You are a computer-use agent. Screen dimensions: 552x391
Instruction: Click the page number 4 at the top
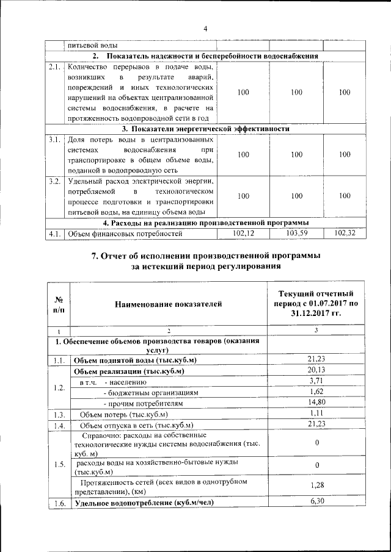[205, 29]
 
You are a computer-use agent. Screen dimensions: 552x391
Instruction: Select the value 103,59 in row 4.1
[296, 233]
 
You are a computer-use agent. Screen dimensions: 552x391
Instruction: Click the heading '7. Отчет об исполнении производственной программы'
[205, 256]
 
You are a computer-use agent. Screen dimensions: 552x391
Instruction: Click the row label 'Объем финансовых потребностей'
[125, 234]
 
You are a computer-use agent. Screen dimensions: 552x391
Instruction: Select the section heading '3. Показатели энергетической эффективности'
[205, 129]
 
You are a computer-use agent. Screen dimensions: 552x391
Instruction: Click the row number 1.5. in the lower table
[59, 465]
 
